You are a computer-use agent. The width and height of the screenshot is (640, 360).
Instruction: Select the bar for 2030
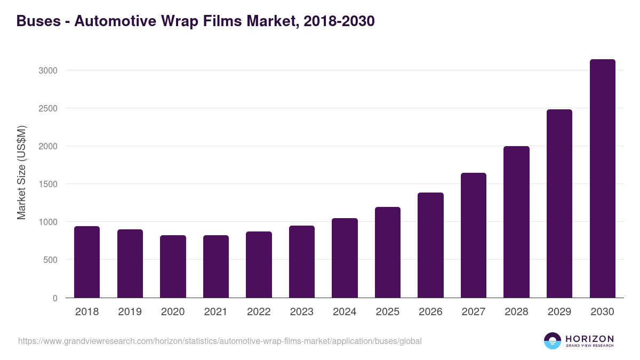602,179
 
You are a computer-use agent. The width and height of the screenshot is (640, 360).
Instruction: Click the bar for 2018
87,262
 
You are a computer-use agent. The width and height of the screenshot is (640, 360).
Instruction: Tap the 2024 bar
345,258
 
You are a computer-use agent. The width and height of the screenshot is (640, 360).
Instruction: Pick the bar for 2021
216,267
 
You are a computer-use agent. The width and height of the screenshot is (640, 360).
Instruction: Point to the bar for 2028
516,222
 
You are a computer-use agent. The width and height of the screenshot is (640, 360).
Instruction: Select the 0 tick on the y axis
54,298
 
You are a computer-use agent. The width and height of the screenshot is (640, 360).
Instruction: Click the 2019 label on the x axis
130,312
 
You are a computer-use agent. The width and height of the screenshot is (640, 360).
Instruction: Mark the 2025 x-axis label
387,312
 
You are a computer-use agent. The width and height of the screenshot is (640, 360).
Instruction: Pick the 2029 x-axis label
559,312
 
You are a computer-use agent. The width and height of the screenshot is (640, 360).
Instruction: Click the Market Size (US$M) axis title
21,172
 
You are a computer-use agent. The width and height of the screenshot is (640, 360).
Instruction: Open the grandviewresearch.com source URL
220,341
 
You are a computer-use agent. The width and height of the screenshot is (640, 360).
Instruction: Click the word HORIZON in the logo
589,339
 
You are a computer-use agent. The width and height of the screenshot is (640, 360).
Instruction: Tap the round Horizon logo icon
553,341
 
